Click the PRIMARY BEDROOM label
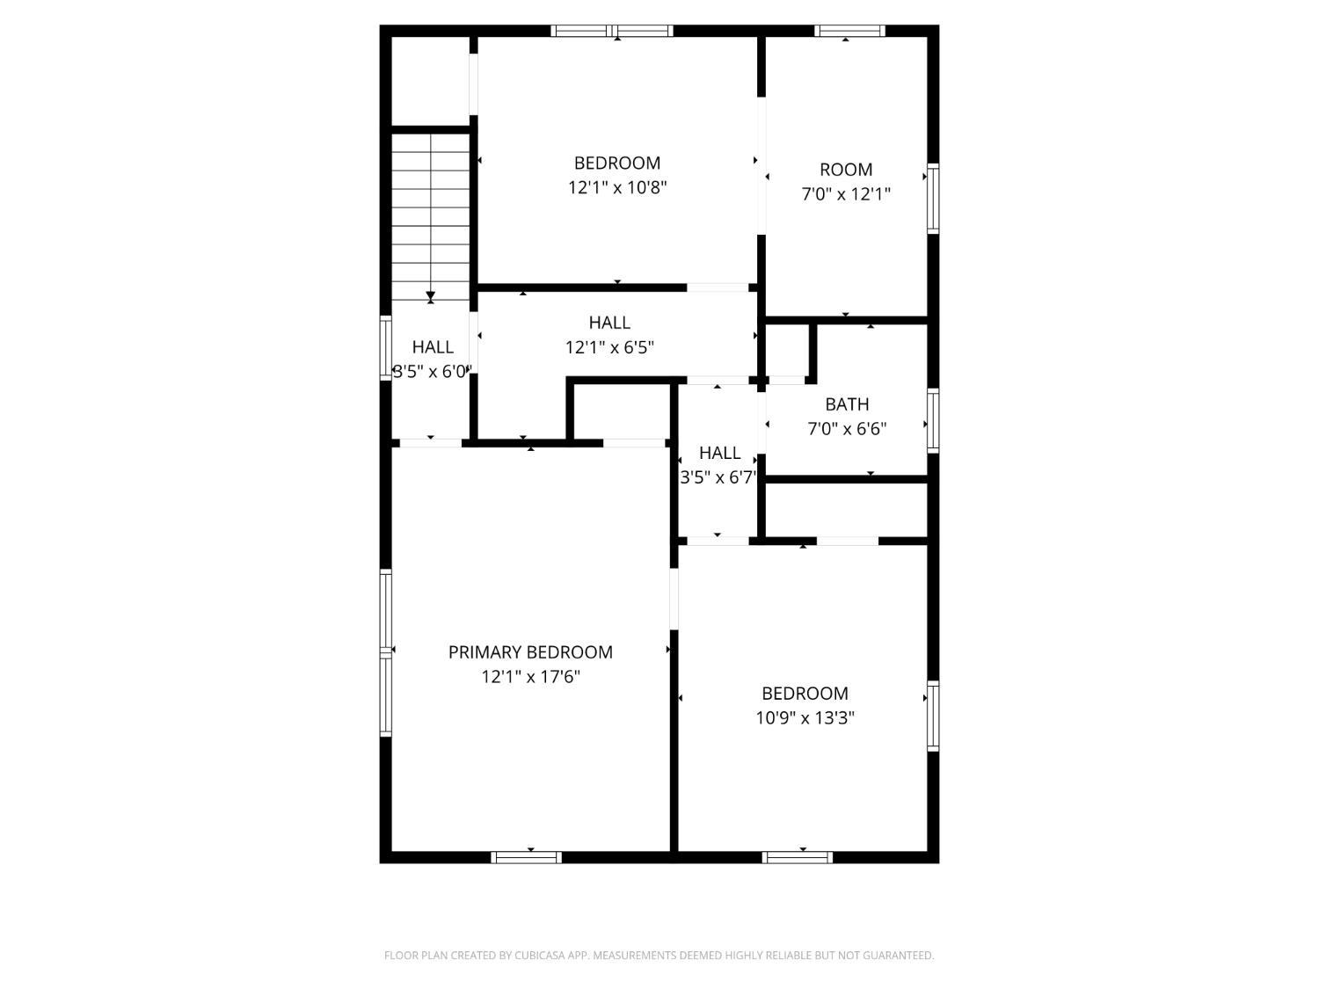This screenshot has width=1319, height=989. point(530,652)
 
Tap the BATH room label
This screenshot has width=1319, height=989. point(847,404)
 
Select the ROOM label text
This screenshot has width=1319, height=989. point(846,170)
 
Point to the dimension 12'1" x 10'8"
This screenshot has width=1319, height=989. point(617,188)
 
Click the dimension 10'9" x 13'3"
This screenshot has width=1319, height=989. point(805,717)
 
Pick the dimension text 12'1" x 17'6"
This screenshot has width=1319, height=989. point(530,677)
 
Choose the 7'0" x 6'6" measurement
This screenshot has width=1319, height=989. point(847,429)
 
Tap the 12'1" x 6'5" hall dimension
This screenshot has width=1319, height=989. point(609,347)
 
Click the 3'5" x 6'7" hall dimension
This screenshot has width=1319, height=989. point(718,477)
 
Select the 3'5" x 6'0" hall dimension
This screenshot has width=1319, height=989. point(432,372)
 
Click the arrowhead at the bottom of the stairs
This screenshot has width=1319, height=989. point(430,296)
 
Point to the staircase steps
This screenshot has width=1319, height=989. point(430,217)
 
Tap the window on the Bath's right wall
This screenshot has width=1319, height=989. point(933,420)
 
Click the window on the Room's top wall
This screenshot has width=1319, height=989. point(849,31)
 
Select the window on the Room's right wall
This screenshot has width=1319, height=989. point(933,198)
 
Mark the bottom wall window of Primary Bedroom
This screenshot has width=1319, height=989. point(526,857)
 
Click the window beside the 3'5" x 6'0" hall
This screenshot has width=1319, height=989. point(385,348)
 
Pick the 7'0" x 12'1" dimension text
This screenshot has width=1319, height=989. point(846,194)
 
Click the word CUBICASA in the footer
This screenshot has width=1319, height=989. point(538,956)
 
